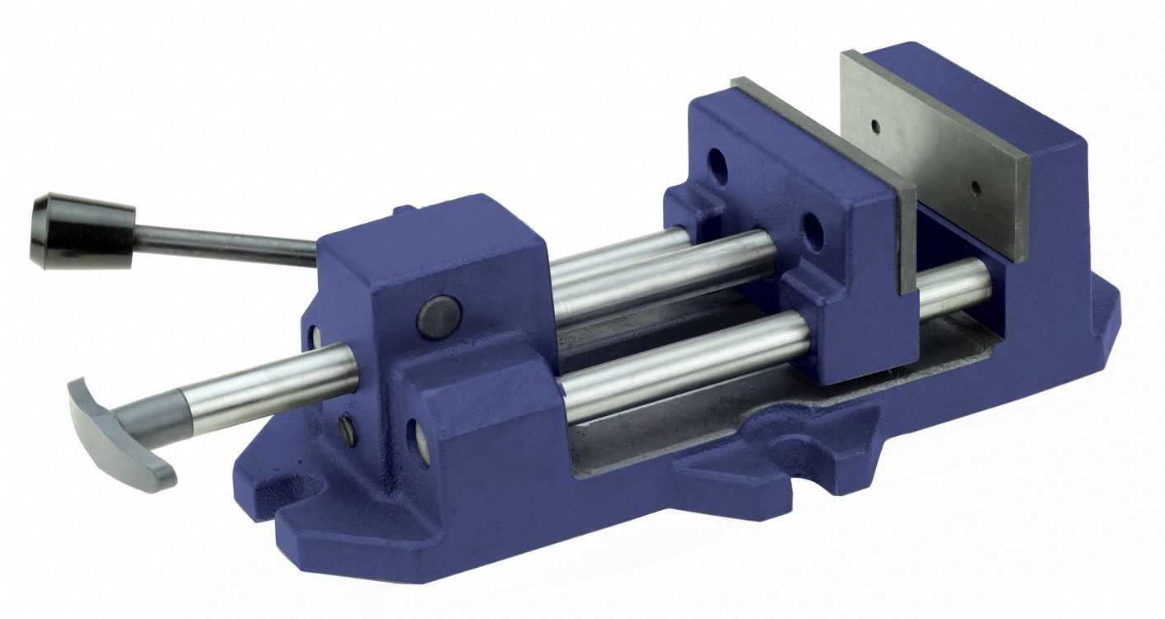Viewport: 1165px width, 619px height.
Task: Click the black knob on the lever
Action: [x=83, y=230]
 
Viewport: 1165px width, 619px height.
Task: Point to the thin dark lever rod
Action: [x=223, y=243]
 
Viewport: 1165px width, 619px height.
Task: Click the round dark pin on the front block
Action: [x=438, y=317]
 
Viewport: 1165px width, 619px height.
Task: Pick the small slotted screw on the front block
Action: [x=348, y=430]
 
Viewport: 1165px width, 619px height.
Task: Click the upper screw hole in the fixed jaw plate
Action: [x=874, y=126]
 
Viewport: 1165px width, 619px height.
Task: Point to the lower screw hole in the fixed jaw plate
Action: [x=976, y=188]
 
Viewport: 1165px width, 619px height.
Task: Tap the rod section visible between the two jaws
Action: [x=954, y=286]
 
